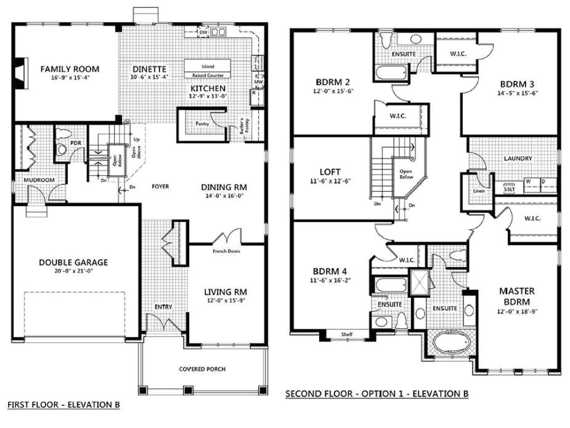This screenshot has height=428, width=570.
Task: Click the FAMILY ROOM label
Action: pos(70,68)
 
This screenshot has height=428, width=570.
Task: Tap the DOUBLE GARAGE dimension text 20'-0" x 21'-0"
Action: pos(73,272)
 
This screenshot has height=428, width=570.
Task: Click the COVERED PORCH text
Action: pos(202,369)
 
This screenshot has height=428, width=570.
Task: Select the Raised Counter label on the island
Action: pos(208,75)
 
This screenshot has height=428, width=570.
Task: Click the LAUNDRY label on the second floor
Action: pos(517,158)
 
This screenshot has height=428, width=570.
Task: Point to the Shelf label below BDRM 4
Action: pos(348,335)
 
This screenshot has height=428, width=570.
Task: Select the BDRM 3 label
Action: pos(517,84)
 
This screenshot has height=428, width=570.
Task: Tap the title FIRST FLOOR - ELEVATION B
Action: pos(63,405)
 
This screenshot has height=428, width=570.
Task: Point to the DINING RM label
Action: pos(224,187)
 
